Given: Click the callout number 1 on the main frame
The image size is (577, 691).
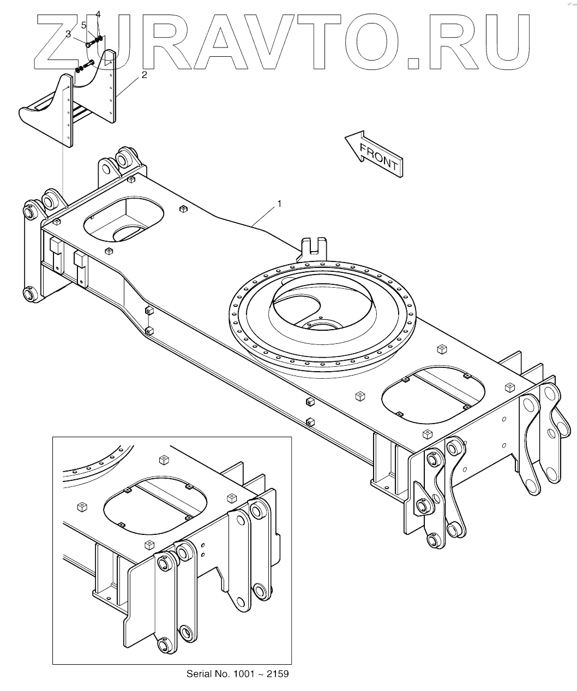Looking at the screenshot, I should point(279,204).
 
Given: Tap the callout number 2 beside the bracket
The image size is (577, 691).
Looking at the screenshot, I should point(144,75).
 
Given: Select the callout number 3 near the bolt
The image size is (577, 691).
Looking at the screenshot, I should point(68,34).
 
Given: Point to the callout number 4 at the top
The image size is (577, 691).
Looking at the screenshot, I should point(98,14).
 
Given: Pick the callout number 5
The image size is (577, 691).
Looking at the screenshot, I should point(84,25).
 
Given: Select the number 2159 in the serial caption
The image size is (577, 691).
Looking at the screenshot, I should point(277,674).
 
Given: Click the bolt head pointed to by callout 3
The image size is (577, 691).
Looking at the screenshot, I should point(89,45).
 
